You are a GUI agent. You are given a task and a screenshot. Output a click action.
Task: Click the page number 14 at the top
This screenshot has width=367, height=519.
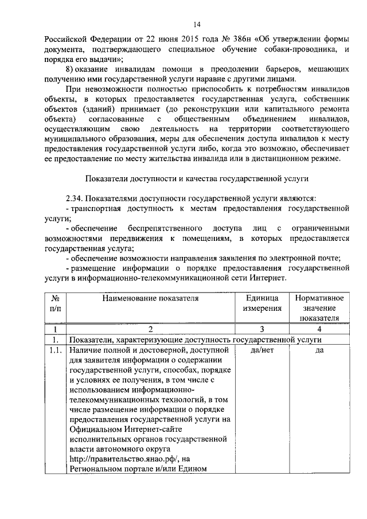pyautogui.click(x=196, y=24)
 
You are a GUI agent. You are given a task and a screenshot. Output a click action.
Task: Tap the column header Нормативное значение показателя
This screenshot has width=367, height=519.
pyautogui.click(x=319, y=308)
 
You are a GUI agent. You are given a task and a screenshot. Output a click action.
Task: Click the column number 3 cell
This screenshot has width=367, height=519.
pyautogui.click(x=263, y=329)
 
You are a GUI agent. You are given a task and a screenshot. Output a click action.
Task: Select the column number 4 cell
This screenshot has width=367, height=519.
pyautogui.click(x=319, y=329)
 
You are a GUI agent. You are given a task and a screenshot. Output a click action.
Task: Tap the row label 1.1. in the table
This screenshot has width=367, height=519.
pyautogui.click(x=56, y=350)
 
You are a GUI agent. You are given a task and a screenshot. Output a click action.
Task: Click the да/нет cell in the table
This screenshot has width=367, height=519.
pyautogui.click(x=263, y=350)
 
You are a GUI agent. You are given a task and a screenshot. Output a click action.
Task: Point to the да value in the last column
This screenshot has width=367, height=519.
pyautogui.click(x=319, y=350)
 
